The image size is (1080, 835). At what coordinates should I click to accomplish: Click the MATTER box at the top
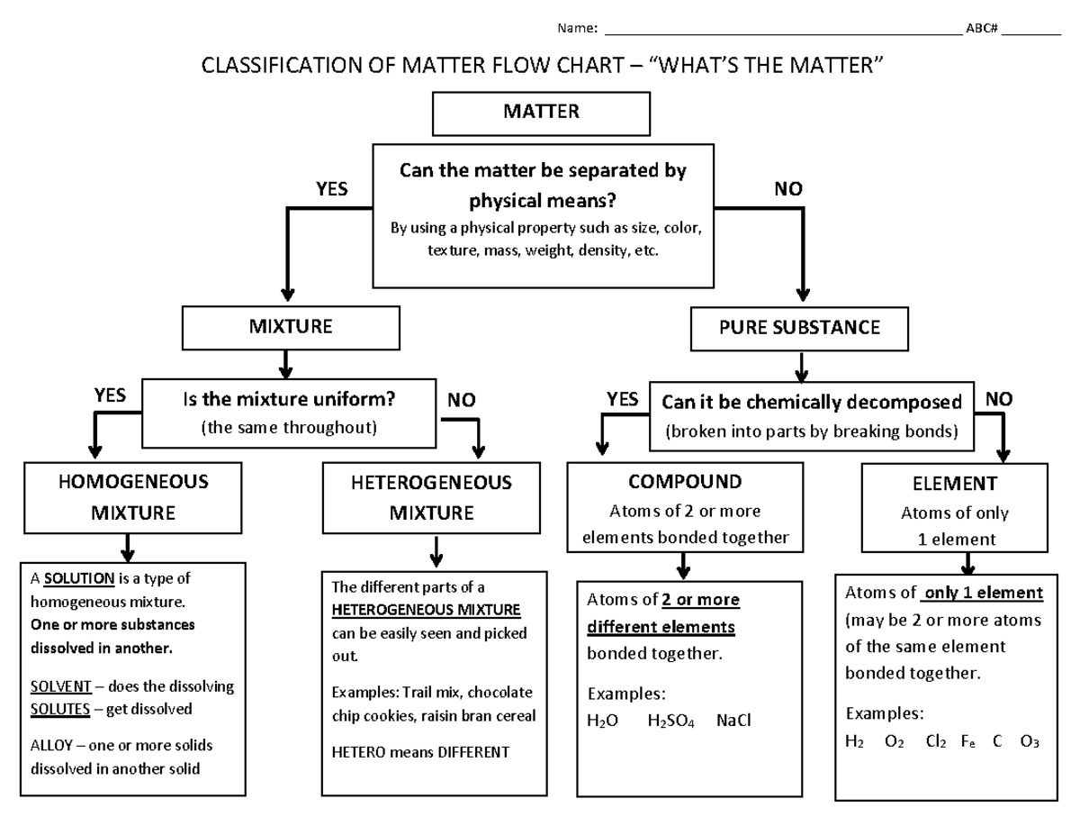541,113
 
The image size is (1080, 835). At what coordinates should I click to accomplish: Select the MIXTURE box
290,328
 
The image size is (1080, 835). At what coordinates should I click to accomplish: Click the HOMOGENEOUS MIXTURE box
132,497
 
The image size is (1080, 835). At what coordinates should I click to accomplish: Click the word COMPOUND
685,482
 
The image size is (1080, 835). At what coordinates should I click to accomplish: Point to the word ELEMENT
954,484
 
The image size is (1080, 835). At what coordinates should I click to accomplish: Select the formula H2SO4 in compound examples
670,721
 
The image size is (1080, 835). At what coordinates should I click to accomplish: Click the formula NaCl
733,721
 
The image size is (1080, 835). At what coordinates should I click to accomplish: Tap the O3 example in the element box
1030,742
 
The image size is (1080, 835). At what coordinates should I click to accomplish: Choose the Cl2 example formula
935,742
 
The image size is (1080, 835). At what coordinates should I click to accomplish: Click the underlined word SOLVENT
60,686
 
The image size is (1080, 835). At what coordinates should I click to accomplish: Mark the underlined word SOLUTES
60,709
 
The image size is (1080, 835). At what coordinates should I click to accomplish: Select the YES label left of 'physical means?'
331,189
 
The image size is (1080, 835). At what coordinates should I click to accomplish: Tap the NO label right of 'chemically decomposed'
998,399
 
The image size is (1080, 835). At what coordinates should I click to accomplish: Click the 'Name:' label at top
578,28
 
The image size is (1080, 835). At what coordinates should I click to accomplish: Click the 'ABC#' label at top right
981,28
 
